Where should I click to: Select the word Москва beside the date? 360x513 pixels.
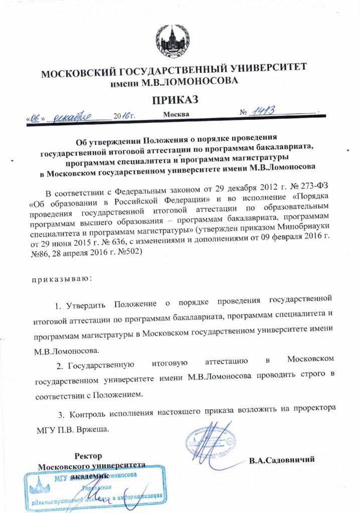tap(176, 114)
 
